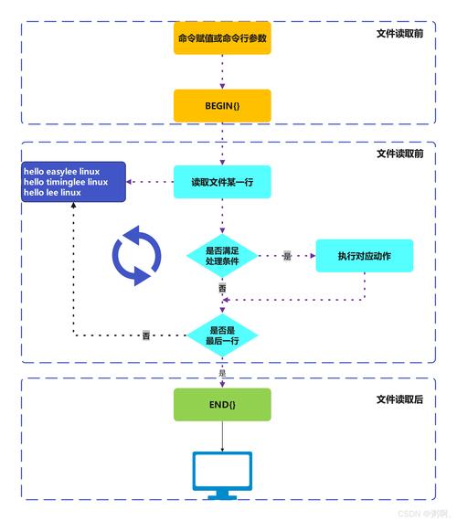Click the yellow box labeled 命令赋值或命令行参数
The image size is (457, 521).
point(222,38)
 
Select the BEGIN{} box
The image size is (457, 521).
point(222,106)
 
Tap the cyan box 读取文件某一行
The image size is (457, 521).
point(222,182)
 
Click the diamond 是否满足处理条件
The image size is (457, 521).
point(222,256)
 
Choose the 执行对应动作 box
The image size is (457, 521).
point(365,256)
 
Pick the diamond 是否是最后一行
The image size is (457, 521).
point(222,335)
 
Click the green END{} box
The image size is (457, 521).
point(222,404)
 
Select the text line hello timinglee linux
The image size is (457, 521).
point(66,182)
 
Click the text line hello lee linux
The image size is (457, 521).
point(52,193)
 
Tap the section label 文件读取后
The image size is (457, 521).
point(399,399)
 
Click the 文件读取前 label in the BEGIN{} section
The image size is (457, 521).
point(399,33)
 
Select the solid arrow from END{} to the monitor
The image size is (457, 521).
point(222,436)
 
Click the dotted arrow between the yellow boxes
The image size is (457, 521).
point(222,71)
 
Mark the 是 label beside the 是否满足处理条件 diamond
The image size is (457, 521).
point(286,257)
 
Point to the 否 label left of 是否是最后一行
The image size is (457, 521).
point(145,336)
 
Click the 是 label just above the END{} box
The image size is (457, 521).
point(222,373)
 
